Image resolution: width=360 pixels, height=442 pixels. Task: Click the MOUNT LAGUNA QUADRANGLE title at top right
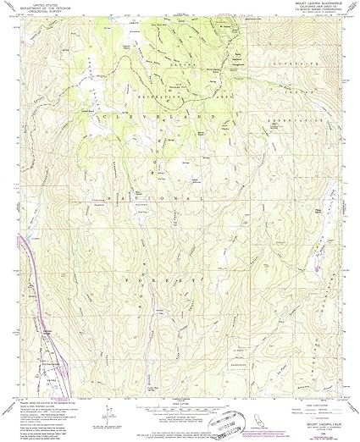pyautogui.click(x=307, y=5)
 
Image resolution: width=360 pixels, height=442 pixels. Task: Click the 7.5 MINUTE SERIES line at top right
pyautogui.click(x=307, y=14)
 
